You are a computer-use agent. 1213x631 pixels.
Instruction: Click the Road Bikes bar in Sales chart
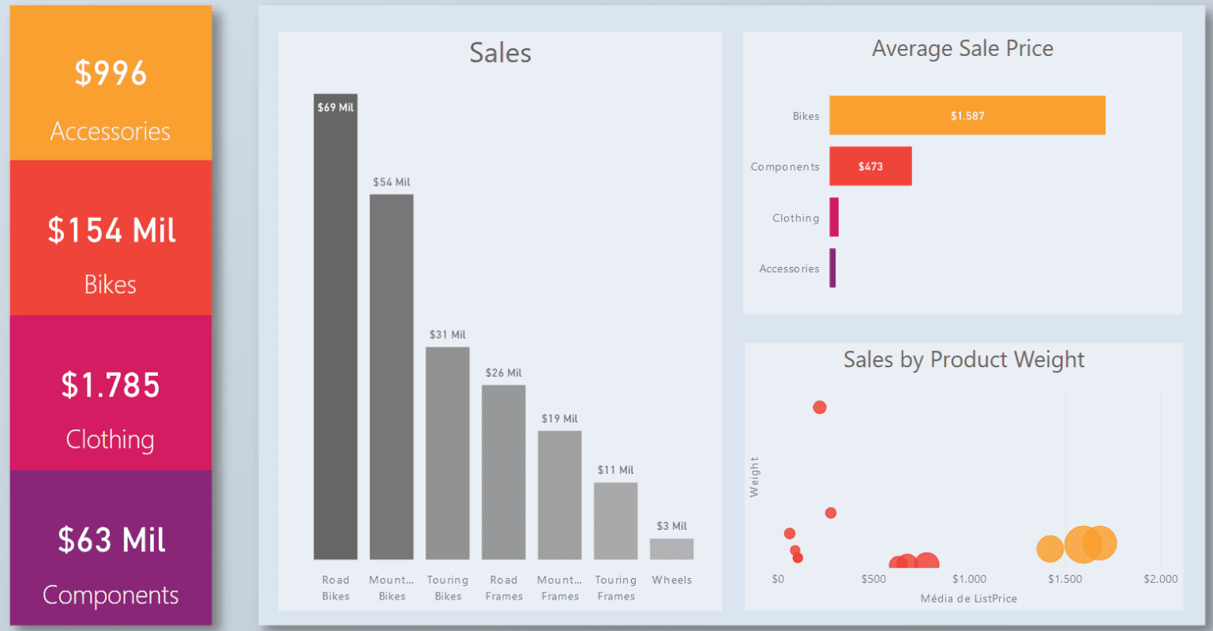point(335,332)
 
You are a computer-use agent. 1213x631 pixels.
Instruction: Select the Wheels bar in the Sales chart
point(671,549)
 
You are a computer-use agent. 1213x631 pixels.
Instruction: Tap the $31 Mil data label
point(448,335)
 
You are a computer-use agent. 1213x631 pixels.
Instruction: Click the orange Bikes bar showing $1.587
point(967,115)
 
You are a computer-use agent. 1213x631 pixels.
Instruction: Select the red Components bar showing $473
point(870,167)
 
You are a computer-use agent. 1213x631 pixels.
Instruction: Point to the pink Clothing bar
point(834,217)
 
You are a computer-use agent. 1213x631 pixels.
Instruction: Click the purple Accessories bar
point(832,269)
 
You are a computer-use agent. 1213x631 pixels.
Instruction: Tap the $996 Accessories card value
point(111,73)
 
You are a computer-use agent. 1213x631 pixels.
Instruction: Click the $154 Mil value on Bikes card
point(111,231)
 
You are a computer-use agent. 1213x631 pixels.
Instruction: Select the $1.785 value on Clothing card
point(111,385)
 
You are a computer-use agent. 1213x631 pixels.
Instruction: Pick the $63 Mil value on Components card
point(111,541)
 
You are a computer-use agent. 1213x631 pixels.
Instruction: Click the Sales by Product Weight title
point(963,360)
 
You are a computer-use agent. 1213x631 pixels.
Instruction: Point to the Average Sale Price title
point(962,49)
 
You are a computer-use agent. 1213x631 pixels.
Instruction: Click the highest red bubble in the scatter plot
point(820,408)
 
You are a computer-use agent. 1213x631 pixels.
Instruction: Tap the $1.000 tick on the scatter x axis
point(969,580)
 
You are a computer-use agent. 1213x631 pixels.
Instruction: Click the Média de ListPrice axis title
point(968,599)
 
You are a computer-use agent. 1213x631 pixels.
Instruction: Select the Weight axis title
point(754,477)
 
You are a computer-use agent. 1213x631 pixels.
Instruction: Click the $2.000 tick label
point(1160,580)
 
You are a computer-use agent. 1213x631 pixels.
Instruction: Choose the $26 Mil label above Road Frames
point(503,373)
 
